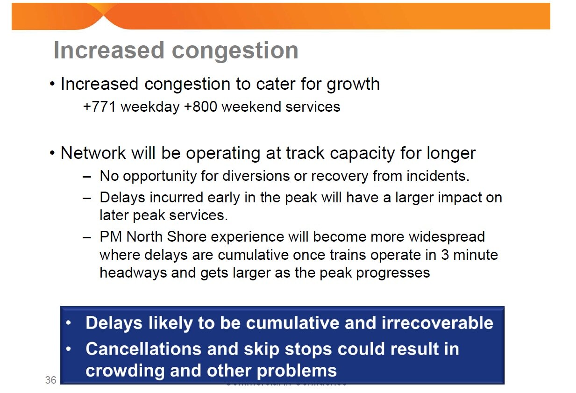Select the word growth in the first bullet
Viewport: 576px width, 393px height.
(x=353, y=85)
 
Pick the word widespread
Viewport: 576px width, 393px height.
(x=447, y=236)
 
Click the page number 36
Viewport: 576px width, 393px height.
(x=50, y=380)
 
